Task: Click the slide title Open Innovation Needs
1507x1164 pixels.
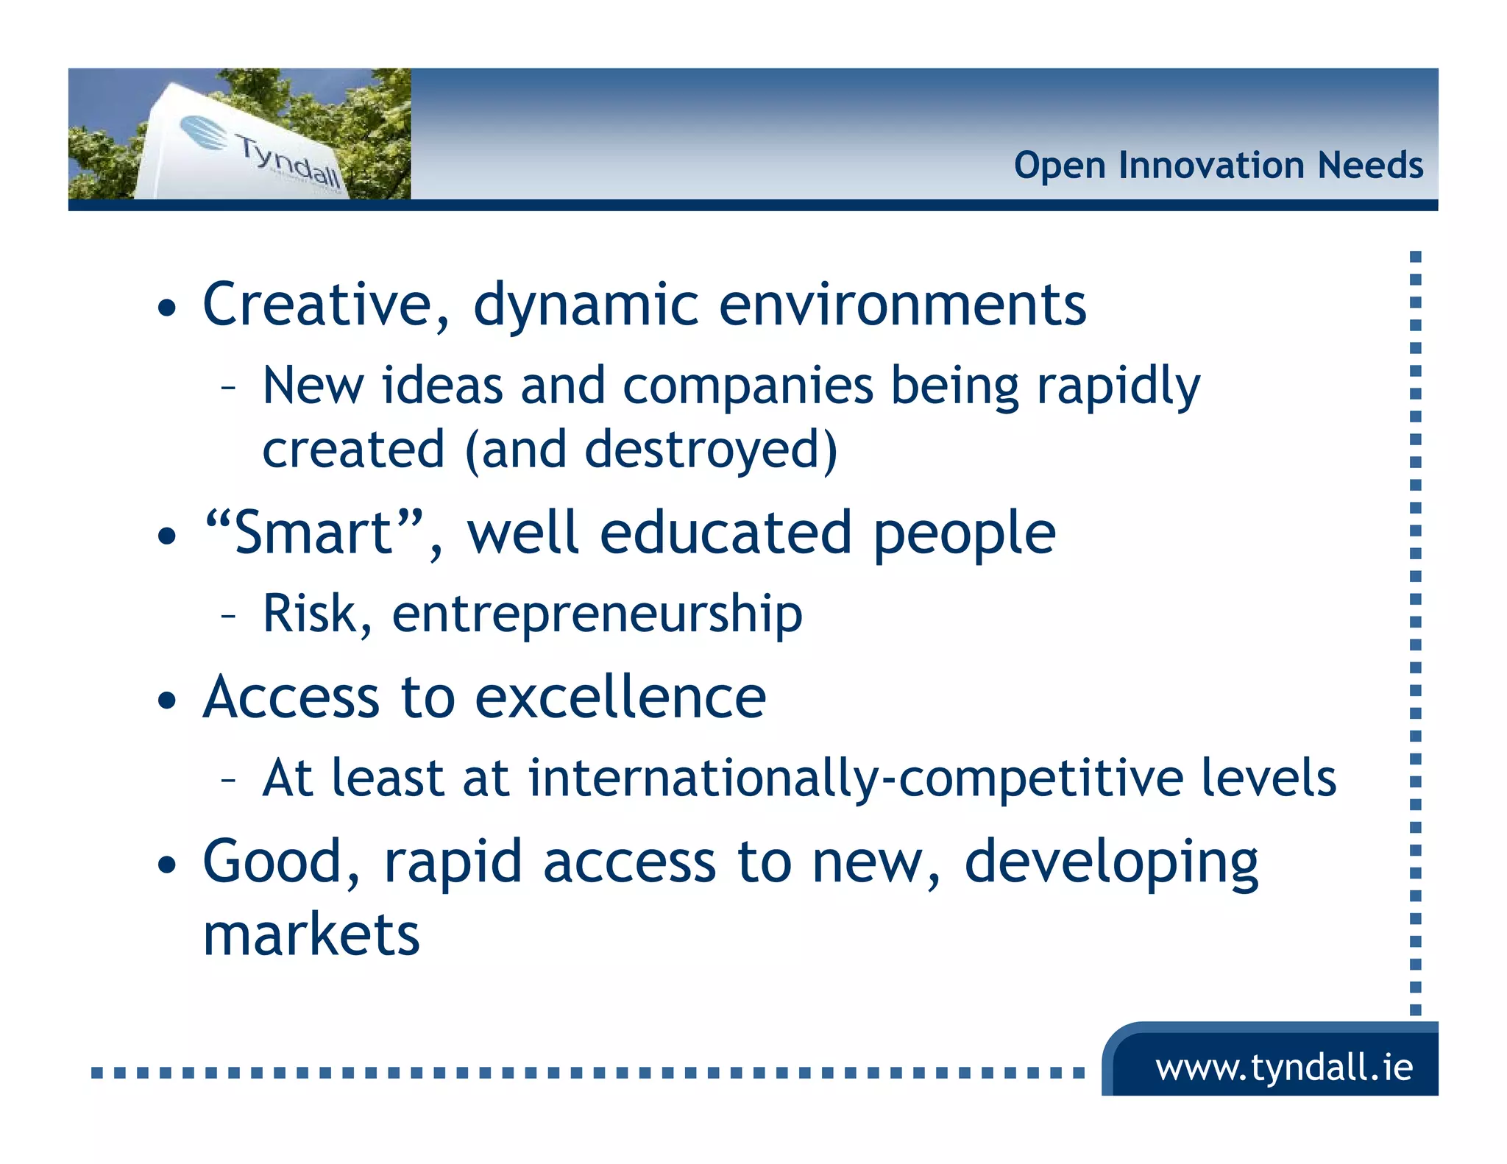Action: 1218,165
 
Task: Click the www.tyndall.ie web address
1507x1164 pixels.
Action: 1284,1067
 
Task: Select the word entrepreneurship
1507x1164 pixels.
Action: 597,614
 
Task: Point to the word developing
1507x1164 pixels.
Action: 1111,863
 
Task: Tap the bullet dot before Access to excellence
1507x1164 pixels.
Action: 167,700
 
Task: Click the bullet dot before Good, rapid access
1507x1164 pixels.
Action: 167,865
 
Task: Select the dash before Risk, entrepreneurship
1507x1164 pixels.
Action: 228,615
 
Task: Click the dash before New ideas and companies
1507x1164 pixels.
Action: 228,386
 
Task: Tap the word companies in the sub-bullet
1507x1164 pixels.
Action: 748,386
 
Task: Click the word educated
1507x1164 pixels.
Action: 725,533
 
